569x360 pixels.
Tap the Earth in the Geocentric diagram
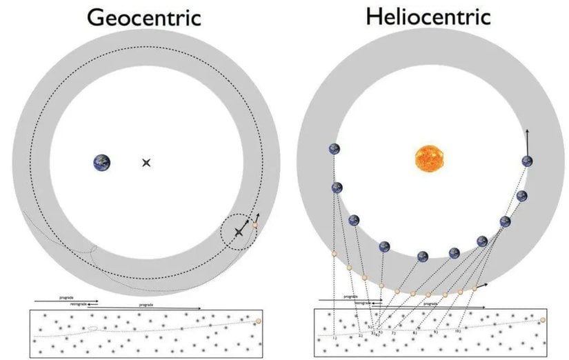coord(102,162)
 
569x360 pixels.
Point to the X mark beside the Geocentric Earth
coord(146,163)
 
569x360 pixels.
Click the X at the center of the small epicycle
coord(239,232)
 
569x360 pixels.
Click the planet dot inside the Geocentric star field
coord(259,321)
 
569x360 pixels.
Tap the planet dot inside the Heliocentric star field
coord(543,320)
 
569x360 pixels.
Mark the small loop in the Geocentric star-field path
coord(92,328)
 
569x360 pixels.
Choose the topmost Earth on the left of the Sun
coord(335,149)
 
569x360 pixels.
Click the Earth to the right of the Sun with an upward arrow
coord(528,161)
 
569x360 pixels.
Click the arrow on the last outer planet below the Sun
coord(482,284)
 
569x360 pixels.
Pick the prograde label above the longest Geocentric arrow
coord(146,304)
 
